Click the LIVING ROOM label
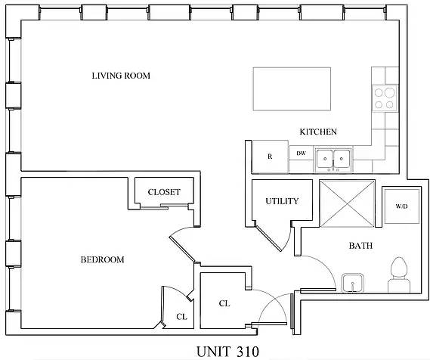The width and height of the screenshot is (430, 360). [121, 76]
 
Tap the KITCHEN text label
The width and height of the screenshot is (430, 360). [318, 132]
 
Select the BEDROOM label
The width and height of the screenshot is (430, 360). [102, 260]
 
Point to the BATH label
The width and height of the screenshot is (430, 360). [360, 246]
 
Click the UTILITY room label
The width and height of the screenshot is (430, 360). [282, 201]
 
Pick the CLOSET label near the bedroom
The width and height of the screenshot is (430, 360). [164, 192]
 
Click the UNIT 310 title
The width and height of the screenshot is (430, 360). [227, 351]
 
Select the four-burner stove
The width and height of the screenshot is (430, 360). [385, 98]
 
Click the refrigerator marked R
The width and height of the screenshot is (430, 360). [269, 156]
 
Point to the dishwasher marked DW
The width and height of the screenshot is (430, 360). [301, 154]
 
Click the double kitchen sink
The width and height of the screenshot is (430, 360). [333, 157]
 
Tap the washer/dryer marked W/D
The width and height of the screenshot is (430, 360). [400, 206]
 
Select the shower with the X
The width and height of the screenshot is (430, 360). [347, 203]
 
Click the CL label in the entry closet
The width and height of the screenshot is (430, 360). [224, 303]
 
